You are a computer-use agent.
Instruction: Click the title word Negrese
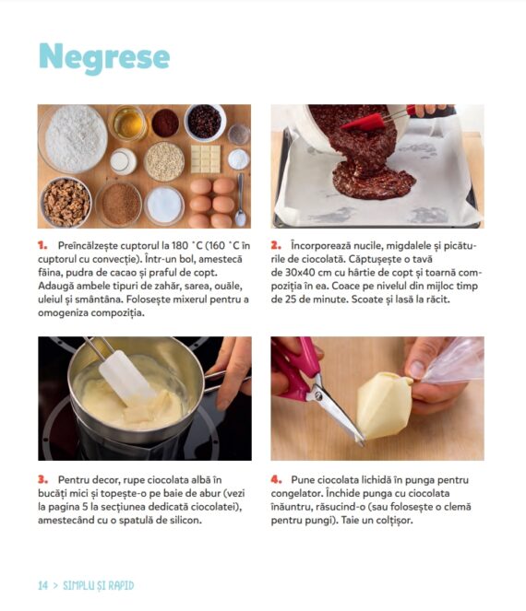104,58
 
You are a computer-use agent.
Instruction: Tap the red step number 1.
42,245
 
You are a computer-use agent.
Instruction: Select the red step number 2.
276,245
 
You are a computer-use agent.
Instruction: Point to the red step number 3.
43,479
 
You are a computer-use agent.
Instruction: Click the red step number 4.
276,479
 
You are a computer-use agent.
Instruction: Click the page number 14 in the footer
43,585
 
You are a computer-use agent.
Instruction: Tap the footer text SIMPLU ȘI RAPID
99,585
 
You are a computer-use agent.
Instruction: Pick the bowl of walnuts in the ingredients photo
66,202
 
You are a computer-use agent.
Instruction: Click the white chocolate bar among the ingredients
205,159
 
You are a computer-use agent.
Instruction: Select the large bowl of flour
73,139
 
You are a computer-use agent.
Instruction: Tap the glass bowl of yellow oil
127,123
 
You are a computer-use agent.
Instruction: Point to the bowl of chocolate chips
205,122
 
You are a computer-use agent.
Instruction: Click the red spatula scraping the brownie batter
365,122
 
